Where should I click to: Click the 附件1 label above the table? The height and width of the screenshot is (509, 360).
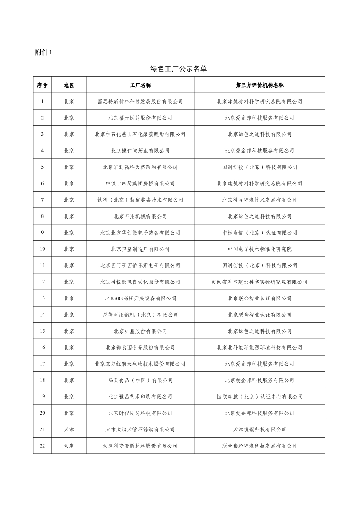[43, 53]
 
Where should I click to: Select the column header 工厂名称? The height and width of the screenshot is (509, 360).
[140, 85]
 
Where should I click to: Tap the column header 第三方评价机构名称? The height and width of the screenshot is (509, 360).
[259, 85]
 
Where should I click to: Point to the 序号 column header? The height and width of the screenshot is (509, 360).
[42, 85]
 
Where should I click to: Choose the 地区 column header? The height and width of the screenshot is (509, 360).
[69, 85]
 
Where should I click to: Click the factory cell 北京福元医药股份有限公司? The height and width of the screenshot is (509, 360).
[140, 118]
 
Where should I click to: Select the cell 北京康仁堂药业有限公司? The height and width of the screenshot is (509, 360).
[140, 151]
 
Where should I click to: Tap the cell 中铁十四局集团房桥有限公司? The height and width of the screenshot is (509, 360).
[140, 183]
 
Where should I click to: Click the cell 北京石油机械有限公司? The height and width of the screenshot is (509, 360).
[140, 216]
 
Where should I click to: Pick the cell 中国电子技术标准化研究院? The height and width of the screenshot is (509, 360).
[259, 249]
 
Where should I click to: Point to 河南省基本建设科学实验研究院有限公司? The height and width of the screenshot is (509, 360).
[259, 282]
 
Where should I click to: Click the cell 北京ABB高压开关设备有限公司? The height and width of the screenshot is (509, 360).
[140, 298]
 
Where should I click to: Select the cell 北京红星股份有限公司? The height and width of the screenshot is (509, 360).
[140, 331]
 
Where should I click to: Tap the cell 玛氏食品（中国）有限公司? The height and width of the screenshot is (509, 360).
[140, 380]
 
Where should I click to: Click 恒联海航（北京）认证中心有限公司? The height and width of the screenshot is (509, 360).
[259, 397]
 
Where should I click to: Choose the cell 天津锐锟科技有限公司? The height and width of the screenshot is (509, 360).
[259, 429]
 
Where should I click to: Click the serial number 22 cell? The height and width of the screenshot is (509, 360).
[42, 446]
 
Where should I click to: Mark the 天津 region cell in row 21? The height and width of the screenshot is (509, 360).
[69, 429]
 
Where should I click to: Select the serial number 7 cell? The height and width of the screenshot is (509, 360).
[42, 200]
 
